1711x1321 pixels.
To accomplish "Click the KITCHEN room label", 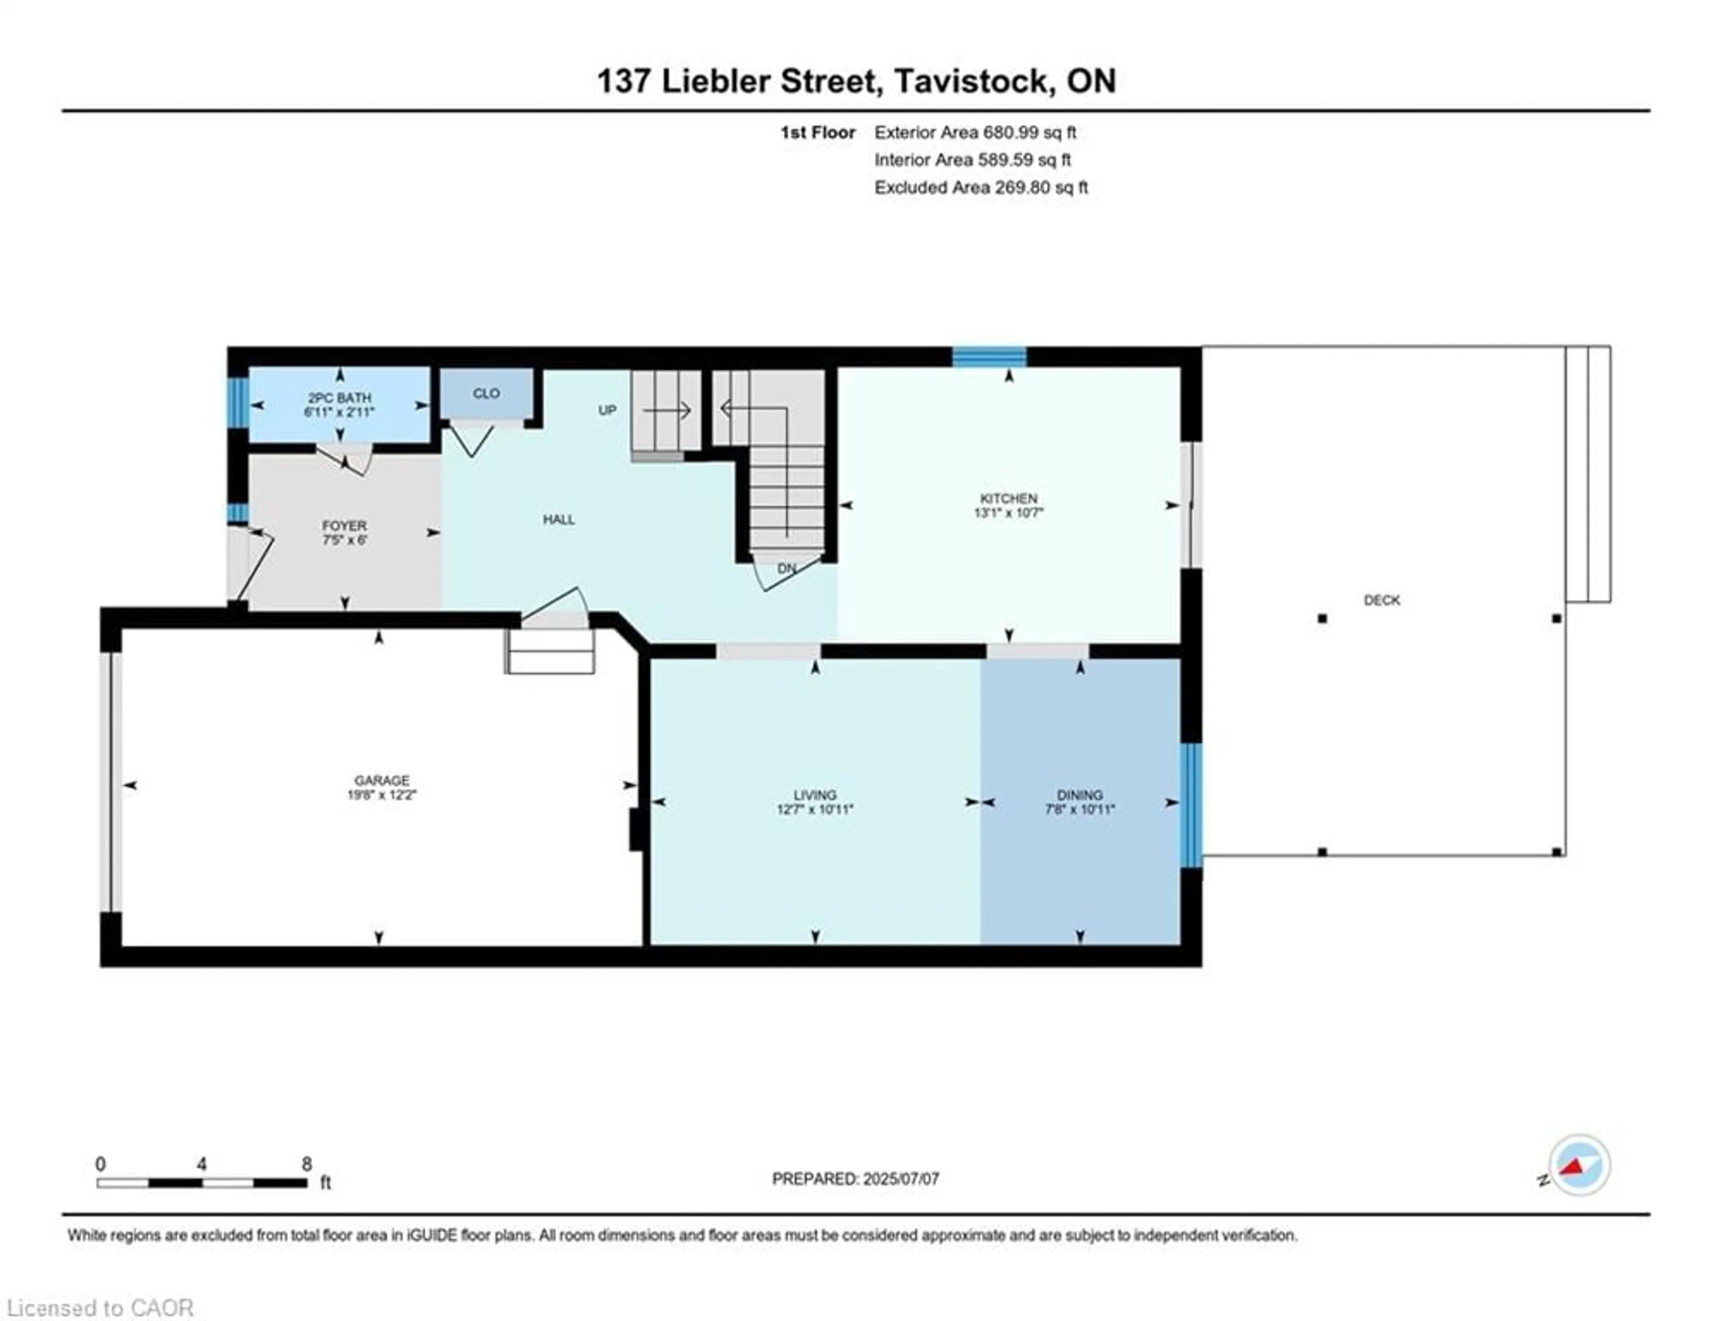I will pyautogui.click(x=1008, y=498).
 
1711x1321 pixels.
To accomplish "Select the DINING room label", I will pyautogui.click(x=1080, y=795).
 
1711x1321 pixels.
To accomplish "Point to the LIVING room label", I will pyautogui.click(x=815, y=795).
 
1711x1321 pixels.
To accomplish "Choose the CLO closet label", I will pyautogui.click(x=486, y=394).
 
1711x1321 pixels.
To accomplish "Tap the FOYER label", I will pyautogui.click(x=344, y=526).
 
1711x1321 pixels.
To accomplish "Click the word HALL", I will pyautogui.click(x=559, y=520).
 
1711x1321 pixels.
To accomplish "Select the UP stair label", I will pyautogui.click(x=607, y=410).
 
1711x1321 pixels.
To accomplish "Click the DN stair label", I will pyautogui.click(x=786, y=568).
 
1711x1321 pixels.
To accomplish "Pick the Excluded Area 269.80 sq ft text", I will pyautogui.click(x=981, y=187).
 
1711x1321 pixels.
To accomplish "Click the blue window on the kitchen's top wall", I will pyautogui.click(x=989, y=357).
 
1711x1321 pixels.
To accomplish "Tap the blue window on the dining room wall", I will pyautogui.click(x=1191, y=804).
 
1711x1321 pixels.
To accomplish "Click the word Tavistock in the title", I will pyautogui.click(x=970, y=81).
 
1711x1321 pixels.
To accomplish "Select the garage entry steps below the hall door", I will pyautogui.click(x=549, y=652).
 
